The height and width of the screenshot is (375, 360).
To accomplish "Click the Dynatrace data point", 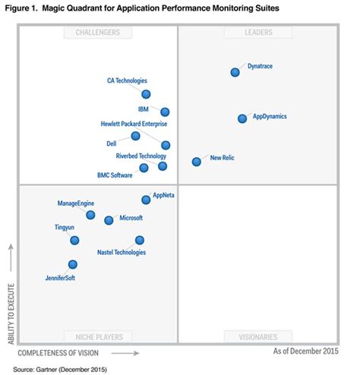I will pyautogui.click(x=235, y=72).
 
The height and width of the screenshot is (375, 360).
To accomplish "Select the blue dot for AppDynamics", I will pyautogui.click(x=242, y=118).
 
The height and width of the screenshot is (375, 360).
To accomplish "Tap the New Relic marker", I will pyautogui.click(x=197, y=161).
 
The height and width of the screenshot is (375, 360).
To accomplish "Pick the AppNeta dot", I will pyautogui.click(x=147, y=200).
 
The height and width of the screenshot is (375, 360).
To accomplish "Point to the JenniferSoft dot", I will pyautogui.click(x=73, y=265).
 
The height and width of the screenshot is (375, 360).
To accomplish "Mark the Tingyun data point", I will pyautogui.click(x=74, y=241).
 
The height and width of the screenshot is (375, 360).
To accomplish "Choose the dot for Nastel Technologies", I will pyautogui.click(x=140, y=240).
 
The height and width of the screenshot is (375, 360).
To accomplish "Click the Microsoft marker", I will pyautogui.click(x=109, y=220).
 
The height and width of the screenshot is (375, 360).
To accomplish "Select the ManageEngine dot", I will pyautogui.click(x=90, y=215).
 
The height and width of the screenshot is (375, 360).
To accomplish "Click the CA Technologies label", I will pyautogui.click(x=127, y=80).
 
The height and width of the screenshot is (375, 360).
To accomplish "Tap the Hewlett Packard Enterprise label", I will pyautogui.click(x=134, y=123).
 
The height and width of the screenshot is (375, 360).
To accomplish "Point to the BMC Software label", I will pyautogui.click(x=115, y=175).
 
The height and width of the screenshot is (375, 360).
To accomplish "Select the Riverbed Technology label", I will pyautogui.click(x=141, y=156).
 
